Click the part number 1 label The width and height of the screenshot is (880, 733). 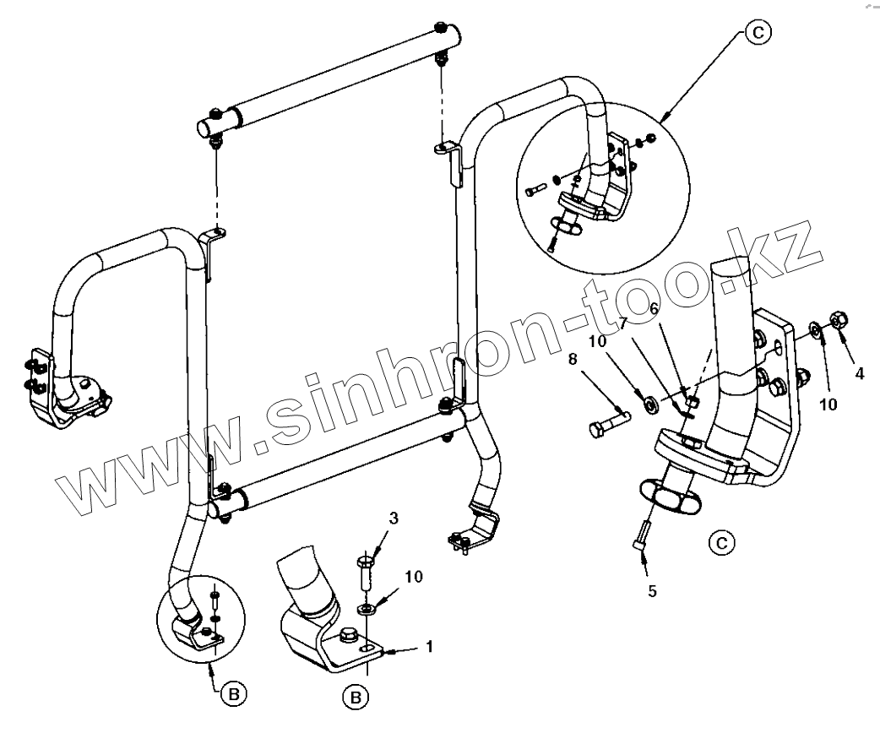tap(429, 647)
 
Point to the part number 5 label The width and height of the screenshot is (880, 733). tap(652, 591)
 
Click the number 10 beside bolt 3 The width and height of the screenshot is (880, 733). tap(413, 577)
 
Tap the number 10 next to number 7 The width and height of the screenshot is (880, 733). tap(598, 343)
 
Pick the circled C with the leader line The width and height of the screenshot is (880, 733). tap(757, 33)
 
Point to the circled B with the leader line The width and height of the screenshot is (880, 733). tap(236, 694)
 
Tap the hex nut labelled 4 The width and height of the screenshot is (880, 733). tap(840, 319)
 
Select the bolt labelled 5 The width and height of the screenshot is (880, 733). tap(641, 535)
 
